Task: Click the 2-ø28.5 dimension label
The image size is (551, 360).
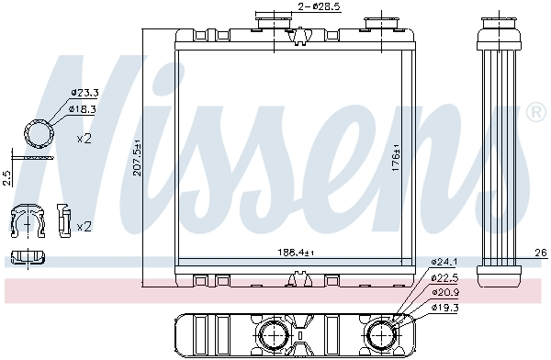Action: pos(319,6)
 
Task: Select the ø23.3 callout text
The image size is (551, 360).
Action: pos(84,93)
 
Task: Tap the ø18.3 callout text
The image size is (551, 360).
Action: pos(83,109)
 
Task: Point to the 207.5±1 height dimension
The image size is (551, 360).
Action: pos(137,158)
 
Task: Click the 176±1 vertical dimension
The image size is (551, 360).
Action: pos(396,157)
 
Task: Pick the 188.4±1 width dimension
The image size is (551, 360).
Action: pos(296,253)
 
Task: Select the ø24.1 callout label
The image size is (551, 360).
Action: pos(444,262)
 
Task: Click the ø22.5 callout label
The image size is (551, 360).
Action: pos(444,278)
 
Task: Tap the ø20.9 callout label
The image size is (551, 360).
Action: pos(445,292)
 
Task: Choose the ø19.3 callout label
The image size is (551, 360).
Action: pos(445,308)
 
